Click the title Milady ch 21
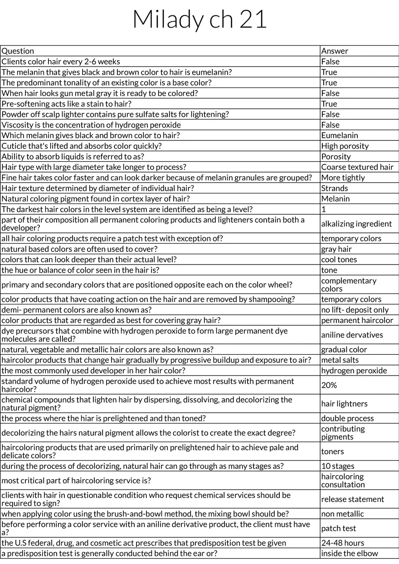199,19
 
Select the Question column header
18,51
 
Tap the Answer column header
335,51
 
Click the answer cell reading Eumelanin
340,135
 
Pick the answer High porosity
345,146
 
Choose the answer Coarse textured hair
357,167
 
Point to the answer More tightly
343,178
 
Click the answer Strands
335,188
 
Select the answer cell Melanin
336,198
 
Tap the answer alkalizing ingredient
356,224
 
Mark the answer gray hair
336,249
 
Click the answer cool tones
339,260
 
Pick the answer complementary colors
348,284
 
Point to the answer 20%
329,385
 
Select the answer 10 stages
338,466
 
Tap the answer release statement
352,499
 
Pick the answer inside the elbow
349,554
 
